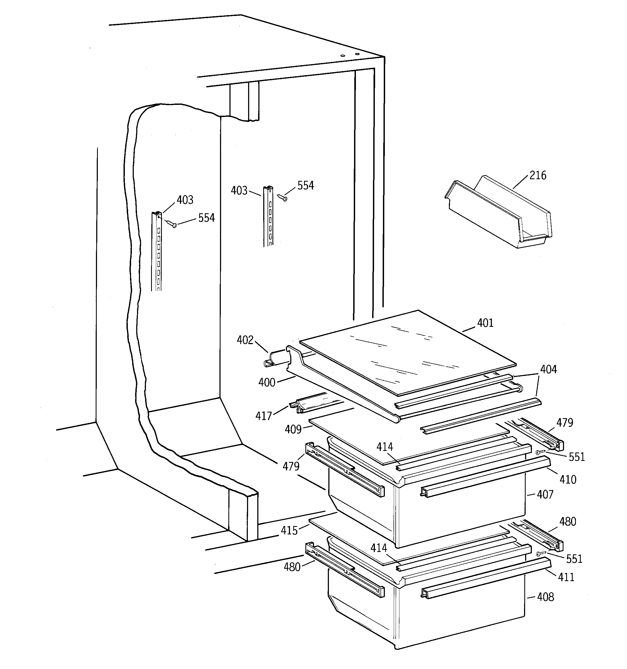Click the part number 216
[x=538, y=175]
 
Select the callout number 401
[x=485, y=323]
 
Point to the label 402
[x=245, y=340]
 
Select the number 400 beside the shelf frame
[x=267, y=383]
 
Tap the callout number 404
[x=549, y=370]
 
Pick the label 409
[x=293, y=430]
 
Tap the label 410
[x=568, y=480]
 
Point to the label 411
[x=566, y=577]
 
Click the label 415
[x=289, y=531]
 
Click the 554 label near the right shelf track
[x=306, y=186]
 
